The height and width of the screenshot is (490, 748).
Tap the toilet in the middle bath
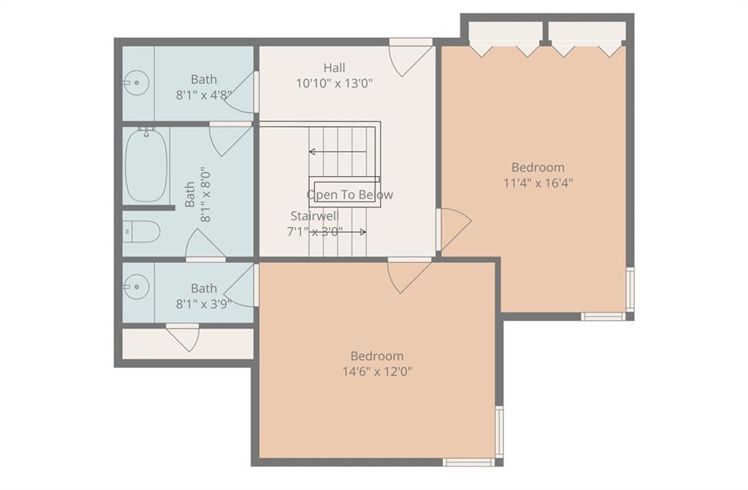click(x=141, y=231)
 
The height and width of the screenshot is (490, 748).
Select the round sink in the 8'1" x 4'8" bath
click(x=136, y=83)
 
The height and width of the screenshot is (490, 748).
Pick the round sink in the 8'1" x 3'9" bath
click(x=136, y=287)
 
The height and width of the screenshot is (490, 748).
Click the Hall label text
click(x=335, y=68)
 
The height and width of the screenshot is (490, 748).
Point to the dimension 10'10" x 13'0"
click(x=334, y=83)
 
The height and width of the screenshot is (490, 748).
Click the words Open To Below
click(x=350, y=195)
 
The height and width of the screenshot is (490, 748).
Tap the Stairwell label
click(x=315, y=216)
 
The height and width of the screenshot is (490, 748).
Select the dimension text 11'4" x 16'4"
click(x=538, y=183)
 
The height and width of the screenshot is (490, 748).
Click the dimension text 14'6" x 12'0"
click(x=378, y=371)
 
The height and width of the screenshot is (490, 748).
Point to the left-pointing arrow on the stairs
click(x=337, y=152)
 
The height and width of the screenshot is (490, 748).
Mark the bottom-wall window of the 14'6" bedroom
click(x=468, y=462)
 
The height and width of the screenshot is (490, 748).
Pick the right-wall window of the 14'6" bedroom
click(x=499, y=432)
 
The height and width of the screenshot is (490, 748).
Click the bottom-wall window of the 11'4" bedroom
click(x=603, y=316)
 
